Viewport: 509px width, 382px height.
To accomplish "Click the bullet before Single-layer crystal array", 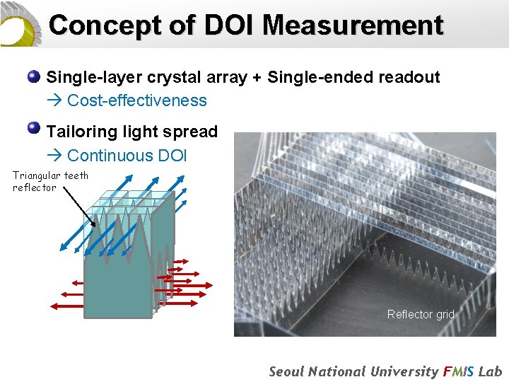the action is pos(33,76).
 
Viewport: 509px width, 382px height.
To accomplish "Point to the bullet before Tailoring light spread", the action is pos(33,128).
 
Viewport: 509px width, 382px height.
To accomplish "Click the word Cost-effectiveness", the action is pos(136,100).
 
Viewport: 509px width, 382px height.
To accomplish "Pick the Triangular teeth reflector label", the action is pos(50,181).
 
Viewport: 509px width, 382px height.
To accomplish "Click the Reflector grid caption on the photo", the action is pos(421,314).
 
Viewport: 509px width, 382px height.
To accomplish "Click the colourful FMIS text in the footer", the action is pos(461,371).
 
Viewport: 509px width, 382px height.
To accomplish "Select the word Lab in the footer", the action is pos(491,371).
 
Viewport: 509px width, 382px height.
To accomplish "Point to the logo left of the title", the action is pos(20,24).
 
